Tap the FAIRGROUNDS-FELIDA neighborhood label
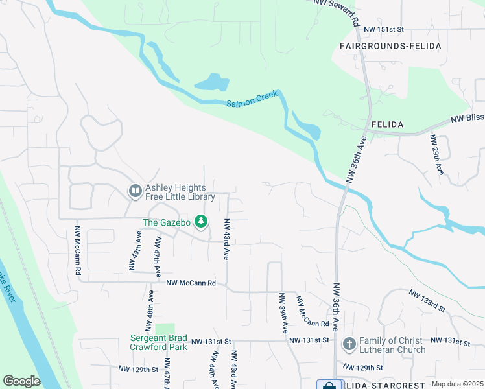[390, 46]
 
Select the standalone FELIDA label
[388, 123]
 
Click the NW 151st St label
[383, 30]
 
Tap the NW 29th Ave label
[436, 154]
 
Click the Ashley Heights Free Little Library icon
[135, 191]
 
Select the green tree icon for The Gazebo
[202, 222]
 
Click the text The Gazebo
[166, 222]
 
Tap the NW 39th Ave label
[283, 313]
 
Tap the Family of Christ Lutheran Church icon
[349, 344]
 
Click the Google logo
[21, 381]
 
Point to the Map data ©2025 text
[457, 384]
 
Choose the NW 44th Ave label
[214, 370]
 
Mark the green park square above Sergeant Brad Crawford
[165, 329]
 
